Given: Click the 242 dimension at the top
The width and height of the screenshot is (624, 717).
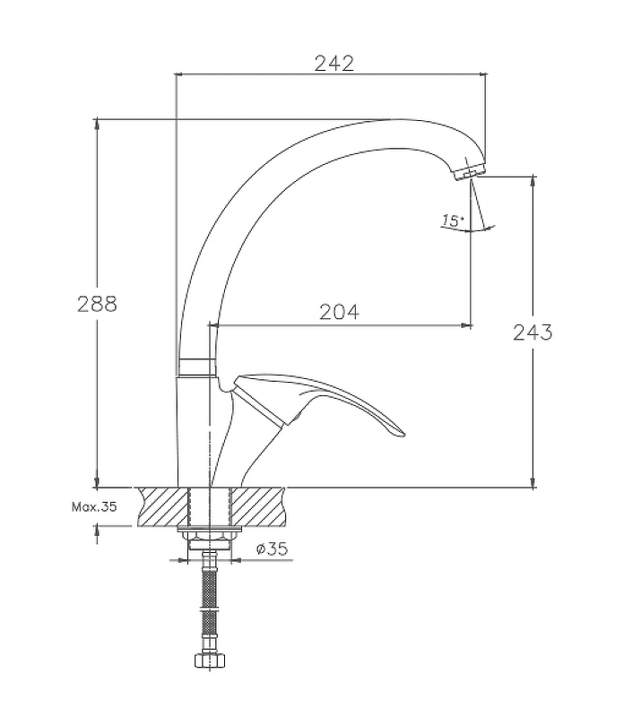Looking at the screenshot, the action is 334,64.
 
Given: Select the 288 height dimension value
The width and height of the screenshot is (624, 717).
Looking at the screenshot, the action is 97,304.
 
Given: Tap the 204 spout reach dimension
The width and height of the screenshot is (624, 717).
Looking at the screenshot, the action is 339,312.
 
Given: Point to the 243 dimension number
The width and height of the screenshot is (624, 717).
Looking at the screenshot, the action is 533,333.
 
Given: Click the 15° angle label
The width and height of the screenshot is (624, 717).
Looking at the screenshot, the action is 452,220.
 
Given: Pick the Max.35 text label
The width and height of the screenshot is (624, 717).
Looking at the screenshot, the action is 94,506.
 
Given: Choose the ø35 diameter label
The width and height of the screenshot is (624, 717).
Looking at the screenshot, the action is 273,549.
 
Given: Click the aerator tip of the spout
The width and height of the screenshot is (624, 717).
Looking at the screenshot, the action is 469,174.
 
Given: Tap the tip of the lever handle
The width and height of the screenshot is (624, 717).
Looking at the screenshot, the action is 402,433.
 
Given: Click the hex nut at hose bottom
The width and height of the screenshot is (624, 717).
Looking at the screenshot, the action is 210,661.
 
